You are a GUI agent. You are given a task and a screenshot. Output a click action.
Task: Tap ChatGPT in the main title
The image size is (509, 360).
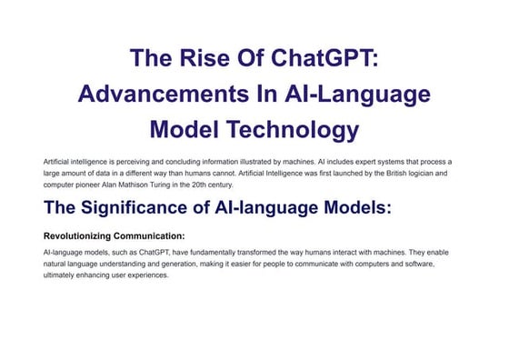click(x=323, y=59)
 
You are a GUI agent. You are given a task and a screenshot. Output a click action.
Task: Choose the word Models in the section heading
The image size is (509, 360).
click(x=355, y=208)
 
